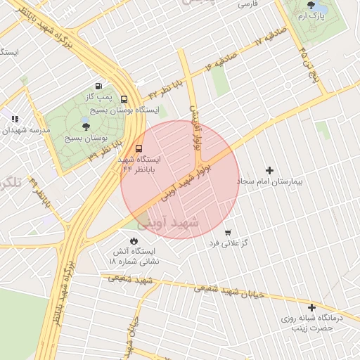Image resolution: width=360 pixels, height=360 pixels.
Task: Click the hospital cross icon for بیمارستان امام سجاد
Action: click(269, 170)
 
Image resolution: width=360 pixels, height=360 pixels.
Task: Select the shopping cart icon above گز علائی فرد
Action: click(228, 232)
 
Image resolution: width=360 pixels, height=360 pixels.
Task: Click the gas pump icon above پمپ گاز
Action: click(98, 84)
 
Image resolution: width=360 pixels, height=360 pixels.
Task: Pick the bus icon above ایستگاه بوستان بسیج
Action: click(124, 100)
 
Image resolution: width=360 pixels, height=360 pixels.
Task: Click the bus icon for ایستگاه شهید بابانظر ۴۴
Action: click(139, 148)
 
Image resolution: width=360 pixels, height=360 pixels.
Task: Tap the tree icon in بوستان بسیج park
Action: click(86, 127)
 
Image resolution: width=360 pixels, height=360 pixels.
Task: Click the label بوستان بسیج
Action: click(86, 138)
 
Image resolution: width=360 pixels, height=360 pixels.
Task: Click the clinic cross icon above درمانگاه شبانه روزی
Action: click(311, 307)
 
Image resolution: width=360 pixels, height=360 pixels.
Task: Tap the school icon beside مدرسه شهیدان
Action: click(15, 119)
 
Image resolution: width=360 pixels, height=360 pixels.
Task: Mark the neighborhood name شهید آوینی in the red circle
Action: click(169, 223)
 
